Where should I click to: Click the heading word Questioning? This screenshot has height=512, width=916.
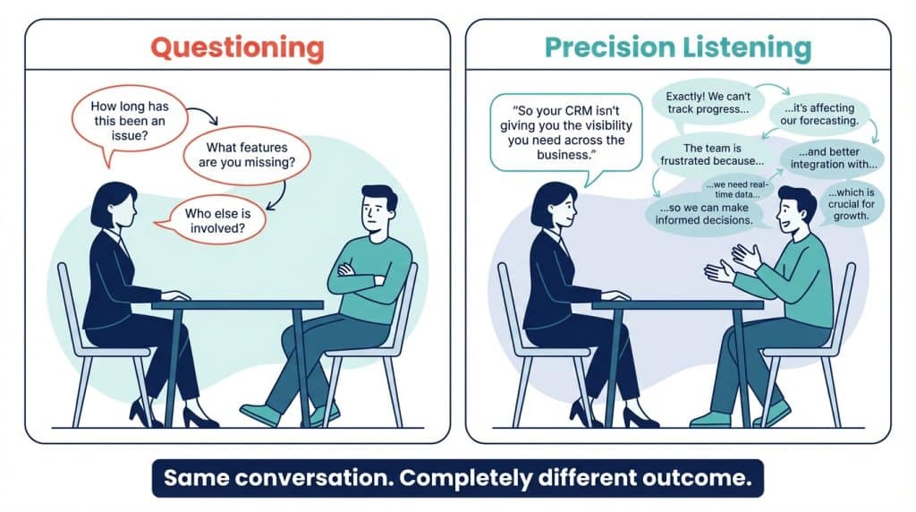pyautogui.click(x=237, y=47)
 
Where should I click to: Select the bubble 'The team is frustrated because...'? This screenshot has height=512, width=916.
pyautogui.click(x=711, y=154)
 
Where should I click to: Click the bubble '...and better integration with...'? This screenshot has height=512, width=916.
pyautogui.click(x=833, y=158)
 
